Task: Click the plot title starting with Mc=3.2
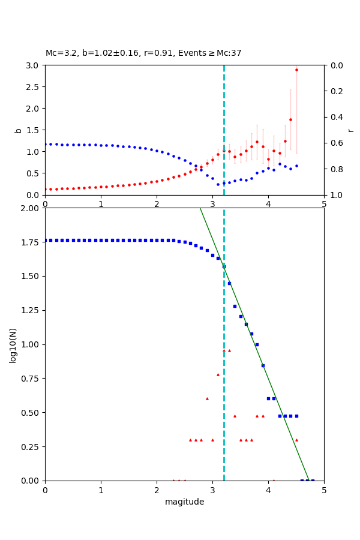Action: point(143,53)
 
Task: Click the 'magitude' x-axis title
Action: point(184,502)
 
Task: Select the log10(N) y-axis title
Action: point(13,345)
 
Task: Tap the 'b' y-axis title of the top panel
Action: point(18,130)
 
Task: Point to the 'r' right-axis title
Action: point(351,130)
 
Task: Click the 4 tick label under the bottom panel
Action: point(268,490)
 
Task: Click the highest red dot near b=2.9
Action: point(296,70)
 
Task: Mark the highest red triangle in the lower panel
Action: point(224,350)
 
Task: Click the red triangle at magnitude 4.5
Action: point(296,440)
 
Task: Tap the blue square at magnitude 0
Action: point(45,240)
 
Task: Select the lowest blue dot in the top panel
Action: point(218,184)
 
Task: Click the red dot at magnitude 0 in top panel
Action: point(46,189)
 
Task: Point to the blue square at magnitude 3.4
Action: point(235,306)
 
